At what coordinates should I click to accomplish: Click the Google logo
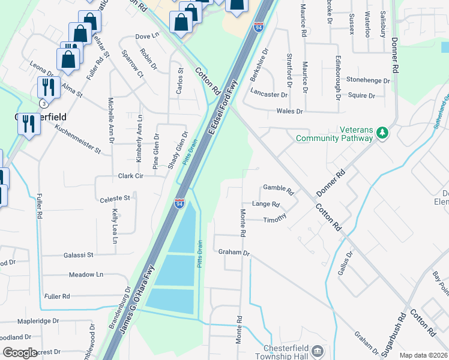(x=20, y=353)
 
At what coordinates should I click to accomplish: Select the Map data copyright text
(x=423, y=355)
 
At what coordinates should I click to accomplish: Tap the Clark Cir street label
(x=130, y=176)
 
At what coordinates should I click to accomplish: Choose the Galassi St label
(x=79, y=255)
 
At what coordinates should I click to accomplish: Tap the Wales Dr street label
(x=289, y=111)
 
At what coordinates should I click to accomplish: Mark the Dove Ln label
(x=147, y=37)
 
